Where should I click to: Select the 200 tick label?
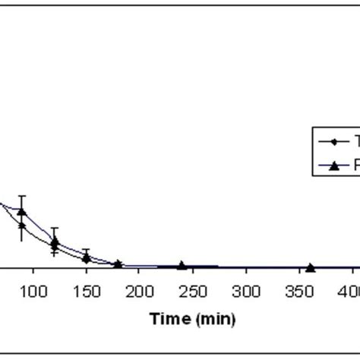pyautogui.click(x=139, y=291)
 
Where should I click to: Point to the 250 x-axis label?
pyautogui.click(x=192, y=291)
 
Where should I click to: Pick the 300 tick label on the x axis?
pyautogui.click(x=245, y=291)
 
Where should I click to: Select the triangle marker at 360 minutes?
pyautogui.click(x=310, y=267)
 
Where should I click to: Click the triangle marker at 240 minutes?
pyautogui.click(x=182, y=265)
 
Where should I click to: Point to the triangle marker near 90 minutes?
pyautogui.click(x=22, y=211)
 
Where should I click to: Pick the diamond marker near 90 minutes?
pyautogui.click(x=22, y=226)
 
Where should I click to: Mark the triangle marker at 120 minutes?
pyautogui.click(x=54, y=242)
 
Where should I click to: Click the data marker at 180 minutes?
pyautogui.click(x=118, y=264)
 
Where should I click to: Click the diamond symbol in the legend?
pyautogui.click(x=333, y=142)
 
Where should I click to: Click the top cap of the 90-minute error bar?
pyautogui.click(x=22, y=196)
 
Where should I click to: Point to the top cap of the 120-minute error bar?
pyautogui.click(x=54, y=227)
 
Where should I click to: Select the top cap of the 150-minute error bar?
pyautogui.click(x=87, y=249)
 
